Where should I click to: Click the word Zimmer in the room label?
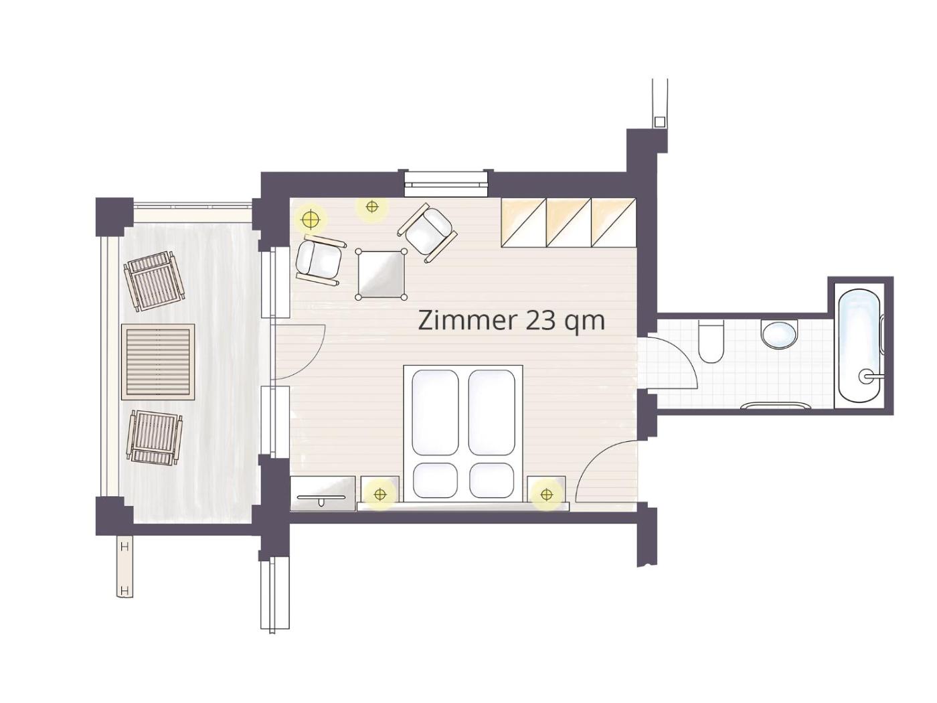pyautogui.click(x=467, y=321)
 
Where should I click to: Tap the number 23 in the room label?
pyautogui.click(x=539, y=321)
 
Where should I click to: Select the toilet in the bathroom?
pyautogui.click(x=710, y=341)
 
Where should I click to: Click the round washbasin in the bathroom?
pyautogui.click(x=779, y=335)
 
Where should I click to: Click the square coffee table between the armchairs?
pyautogui.click(x=381, y=275)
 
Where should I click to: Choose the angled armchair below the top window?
pyautogui.click(x=428, y=232)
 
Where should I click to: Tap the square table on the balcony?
pyautogui.click(x=158, y=362)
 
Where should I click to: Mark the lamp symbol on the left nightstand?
pyautogui.click(x=379, y=494)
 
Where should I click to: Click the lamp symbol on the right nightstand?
pyautogui.click(x=546, y=495)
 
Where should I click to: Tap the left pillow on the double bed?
pyautogui.click(x=435, y=480)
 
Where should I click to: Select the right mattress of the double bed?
pyautogui.click(x=491, y=412)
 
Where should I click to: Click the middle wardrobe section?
pyautogui.click(x=569, y=222)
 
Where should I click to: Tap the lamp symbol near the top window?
pyautogui.click(x=372, y=207)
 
